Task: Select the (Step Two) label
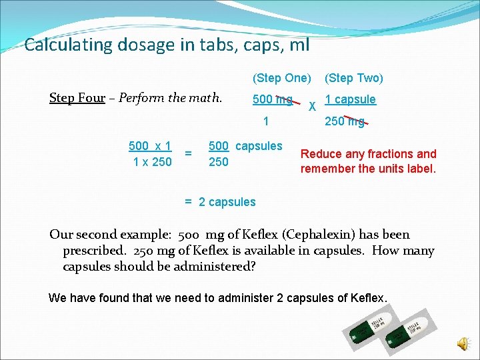(353, 78)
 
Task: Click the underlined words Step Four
(77, 99)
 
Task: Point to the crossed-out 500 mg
(273, 100)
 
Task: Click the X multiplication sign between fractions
(313, 106)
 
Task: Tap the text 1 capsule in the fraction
(350, 99)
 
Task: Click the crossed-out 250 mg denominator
(345, 121)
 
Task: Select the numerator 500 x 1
(150, 146)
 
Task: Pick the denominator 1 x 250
(152, 162)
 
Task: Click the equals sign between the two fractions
(189, 154)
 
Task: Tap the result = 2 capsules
(220, 202)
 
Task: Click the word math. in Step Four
(206, 99)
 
